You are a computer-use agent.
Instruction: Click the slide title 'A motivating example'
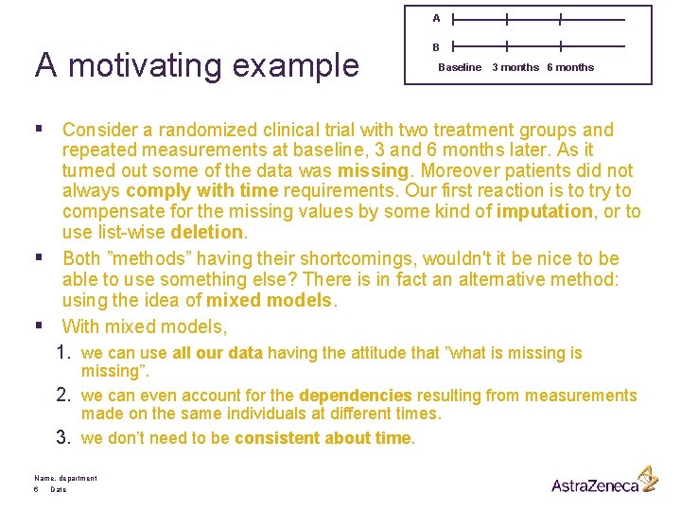pyautogui.click(x=198, y=65)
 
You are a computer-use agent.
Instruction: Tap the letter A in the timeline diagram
pyautogui.click(x=436, y=18)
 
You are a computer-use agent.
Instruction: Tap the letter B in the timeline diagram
pyautogui.click(x=436, y=46)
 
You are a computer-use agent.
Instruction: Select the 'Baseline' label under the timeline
pyautogui.click(x=460, y=67)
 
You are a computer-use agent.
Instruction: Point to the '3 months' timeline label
pyautogui.click(x=515, y=67)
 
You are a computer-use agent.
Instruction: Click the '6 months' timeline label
pyautogui.click(x=570, y=67)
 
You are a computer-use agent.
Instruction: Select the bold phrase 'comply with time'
pyautogui.click(x=201, y=191)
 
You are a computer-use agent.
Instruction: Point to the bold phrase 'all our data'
pyautogui.click(x=218, y=353)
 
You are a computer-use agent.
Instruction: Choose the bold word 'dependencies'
pyautogui.click(x=356, y=396)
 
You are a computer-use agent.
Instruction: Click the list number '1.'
pyautogui.click(x=64, y=353)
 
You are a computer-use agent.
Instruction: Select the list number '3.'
pyautogui.click(x=64, y=438)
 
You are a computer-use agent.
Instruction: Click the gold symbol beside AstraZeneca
pyautogui.click(x=647, y=478)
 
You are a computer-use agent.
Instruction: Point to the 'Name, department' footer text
pyautogui.click(x=65, y=479)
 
